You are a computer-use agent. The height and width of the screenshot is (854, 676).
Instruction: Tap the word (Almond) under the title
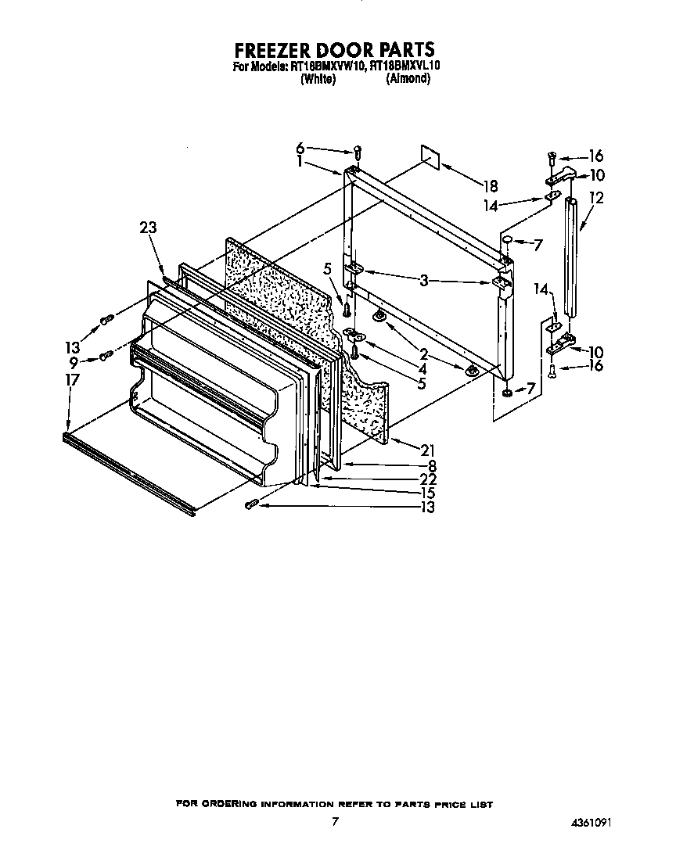[x=408, y=79]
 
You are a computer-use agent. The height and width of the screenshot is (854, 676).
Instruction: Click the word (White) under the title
[x=318, y=79]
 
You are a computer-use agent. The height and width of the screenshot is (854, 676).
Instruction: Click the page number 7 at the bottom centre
[x=335, y=821]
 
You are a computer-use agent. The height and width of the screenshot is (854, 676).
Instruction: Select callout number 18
[x=490, y=186]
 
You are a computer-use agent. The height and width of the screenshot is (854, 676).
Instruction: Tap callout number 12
[x=596, y=199]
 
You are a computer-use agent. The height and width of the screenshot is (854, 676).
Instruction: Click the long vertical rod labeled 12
[x=574, y=258]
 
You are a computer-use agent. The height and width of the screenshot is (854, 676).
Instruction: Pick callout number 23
[x=148, y=228]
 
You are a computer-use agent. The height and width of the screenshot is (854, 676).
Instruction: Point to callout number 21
[x=427, y=450]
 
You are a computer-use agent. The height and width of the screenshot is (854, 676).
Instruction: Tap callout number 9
[x=73, y=362]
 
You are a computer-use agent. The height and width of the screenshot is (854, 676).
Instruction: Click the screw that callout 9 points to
[x=106, y=357]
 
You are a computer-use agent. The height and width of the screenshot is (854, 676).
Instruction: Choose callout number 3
[x=423, y=279]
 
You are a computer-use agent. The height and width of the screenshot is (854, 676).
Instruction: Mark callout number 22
[x=427, y=479]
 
